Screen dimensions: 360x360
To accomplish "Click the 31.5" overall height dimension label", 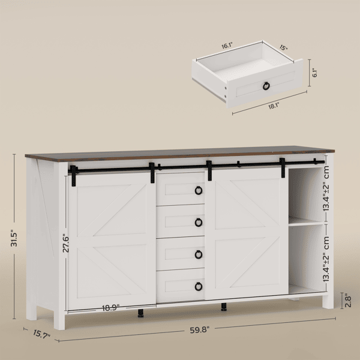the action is point(14,239).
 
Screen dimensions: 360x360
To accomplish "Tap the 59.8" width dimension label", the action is point(200,330).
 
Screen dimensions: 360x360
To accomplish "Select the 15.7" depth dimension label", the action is point(41,334).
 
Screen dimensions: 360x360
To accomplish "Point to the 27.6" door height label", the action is point(66,243).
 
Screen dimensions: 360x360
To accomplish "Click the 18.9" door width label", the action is point(110,308).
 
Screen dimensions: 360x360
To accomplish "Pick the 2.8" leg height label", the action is point(348,301).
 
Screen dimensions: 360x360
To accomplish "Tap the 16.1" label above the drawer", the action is point(227,46).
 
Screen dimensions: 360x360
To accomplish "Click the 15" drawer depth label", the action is point(284,48).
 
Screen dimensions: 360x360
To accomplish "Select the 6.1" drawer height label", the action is point(315,73).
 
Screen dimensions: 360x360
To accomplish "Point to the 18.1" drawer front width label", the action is point(274,106).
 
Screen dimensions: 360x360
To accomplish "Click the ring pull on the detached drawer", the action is point(266,86).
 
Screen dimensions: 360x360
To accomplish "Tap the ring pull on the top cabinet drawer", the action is point(199,190).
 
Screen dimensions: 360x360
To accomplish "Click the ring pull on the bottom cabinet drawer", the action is point(199,287).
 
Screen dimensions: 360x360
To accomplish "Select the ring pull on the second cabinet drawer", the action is point(199,223).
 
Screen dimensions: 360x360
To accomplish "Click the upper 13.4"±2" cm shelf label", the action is point(326,188).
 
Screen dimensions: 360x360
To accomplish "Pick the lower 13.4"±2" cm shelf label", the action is point(326,259).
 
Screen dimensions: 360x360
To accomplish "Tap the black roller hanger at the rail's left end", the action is point(73,175).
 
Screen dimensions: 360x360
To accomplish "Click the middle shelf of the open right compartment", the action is point(306,222).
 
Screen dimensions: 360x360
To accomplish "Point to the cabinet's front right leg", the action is point(328,302).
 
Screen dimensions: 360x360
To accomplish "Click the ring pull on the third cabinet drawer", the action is point(199,254).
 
